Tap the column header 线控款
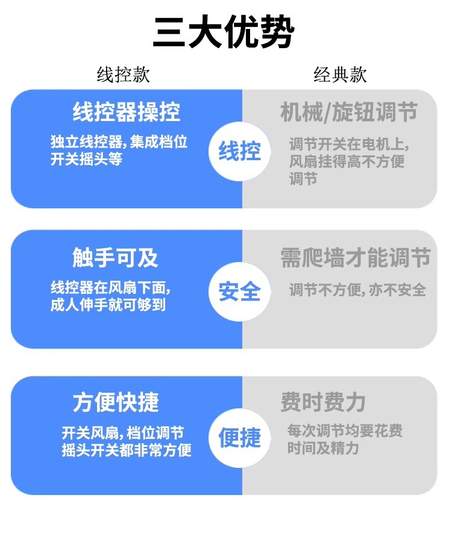pos(124,75)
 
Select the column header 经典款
pos(340,75)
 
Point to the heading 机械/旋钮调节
pos(349,113)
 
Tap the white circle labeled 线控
pos(239,151)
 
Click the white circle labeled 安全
pos(239,291)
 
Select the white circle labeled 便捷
pos(239,438)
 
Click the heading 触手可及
pos(115,258)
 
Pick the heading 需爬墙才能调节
pos(355,258)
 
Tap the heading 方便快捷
pos(116,402)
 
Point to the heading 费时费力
pos(323,402)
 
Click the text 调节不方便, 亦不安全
pos(357,290)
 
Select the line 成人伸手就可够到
pos(108,305)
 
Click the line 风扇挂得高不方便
pos(347,161)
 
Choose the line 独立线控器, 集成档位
pos(119,142)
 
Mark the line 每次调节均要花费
pos(345,431)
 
